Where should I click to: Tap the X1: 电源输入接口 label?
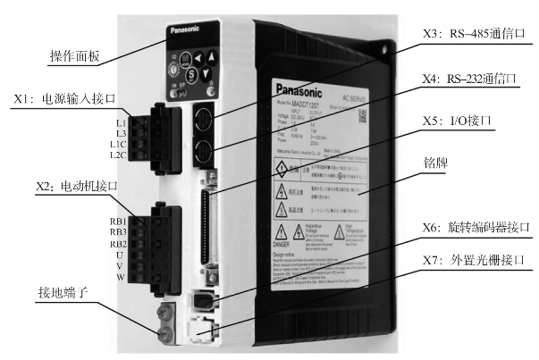(76, 100)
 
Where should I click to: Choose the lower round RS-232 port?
(203, 148)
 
